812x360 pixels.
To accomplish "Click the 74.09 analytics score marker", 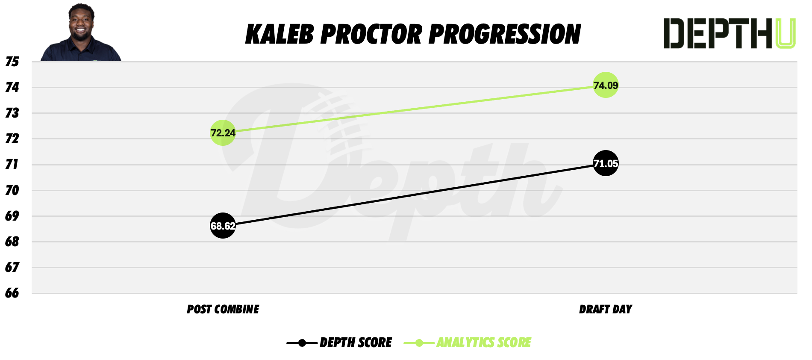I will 606,85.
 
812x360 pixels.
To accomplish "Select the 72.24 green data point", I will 223,133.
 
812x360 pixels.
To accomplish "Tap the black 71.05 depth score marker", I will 606,163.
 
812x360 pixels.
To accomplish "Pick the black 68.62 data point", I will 223,225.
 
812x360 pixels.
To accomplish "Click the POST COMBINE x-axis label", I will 223,309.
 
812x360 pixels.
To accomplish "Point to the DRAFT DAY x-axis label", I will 605,309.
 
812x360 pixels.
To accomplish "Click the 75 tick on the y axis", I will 12,62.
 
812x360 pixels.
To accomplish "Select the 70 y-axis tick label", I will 12,190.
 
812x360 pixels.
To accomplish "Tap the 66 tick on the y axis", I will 12,293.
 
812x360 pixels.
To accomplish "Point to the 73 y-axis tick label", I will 12,113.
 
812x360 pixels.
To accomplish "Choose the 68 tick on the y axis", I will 12,242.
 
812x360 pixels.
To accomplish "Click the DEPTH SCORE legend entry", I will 356,342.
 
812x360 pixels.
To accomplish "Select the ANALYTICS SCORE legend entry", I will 483,342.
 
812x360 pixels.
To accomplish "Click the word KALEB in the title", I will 279,34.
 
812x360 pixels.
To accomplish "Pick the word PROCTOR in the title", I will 371,34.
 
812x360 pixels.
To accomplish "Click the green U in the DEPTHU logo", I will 785,33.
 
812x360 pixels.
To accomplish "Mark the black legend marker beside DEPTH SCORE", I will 302,343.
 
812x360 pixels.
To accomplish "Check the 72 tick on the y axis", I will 12,139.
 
